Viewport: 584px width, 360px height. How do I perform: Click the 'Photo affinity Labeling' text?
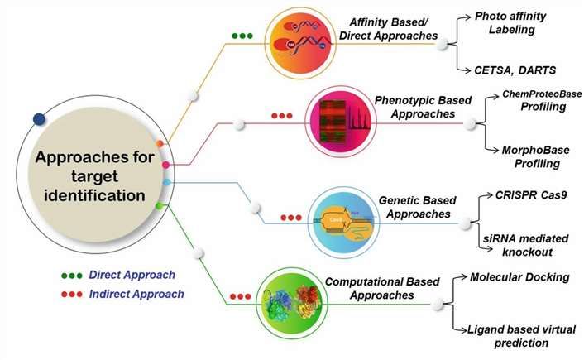pos(524,22)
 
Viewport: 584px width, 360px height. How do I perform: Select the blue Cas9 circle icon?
pos(342,220)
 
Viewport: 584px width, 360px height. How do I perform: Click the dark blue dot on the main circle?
pos(39,119)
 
